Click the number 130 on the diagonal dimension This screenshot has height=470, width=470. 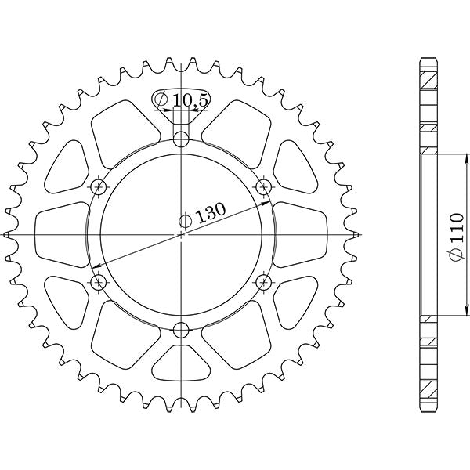click(x=210, y=213)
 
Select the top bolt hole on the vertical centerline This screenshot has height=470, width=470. click(x=182, y=140)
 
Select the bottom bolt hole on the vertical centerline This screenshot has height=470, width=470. click(x=182, y=329)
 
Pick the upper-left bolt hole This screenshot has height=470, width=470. click(x=99, y=186)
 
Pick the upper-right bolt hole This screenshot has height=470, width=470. click(x=264, y=186)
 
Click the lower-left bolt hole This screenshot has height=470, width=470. click(x=99, y=281)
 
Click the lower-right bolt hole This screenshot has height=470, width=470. click(x=264, y=281)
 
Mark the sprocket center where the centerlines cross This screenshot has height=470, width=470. click(x=182, y=234)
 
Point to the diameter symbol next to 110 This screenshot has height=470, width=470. click(x=457, y=255)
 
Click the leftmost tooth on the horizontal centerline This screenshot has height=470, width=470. click(x=8, y=234)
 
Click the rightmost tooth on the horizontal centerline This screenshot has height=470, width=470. click(x=356, y=234)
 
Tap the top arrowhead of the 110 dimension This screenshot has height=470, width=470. click(x=432, y=157)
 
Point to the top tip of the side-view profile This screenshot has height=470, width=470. click(x=428, y=60)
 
